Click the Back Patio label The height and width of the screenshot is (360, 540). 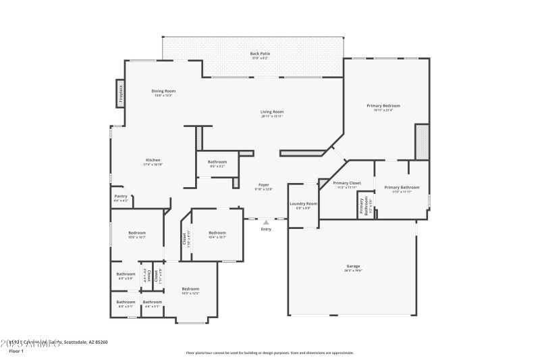click(x=254, y=53)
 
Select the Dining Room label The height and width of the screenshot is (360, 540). click(x=163, y=91)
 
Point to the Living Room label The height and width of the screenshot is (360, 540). click(x=272, y=112)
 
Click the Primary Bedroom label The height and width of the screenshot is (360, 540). click(x=383, y=106)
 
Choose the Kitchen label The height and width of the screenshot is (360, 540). click(x=153, y=160)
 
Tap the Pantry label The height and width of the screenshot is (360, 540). click(x=120, y=197)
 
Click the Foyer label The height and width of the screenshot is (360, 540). click(x=264, y=184)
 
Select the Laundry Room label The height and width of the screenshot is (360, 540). click(x=303, y=204)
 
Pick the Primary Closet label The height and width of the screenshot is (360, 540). click(x=346, y=183)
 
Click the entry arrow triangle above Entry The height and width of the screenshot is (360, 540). click(x=266, y=222)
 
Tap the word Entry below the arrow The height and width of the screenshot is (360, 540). click(x=266, y=229)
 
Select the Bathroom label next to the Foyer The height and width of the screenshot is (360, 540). click(x=217, y=162)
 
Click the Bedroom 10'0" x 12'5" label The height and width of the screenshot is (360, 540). click(x=190, y=290)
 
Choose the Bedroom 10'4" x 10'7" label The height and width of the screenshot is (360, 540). click(x=217, y=233)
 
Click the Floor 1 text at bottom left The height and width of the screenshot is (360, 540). click(x=16, y=351)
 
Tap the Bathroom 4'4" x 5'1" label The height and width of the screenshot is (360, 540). click(x=153, y=303)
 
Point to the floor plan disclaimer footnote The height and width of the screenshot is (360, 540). click(x=269, y=353)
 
